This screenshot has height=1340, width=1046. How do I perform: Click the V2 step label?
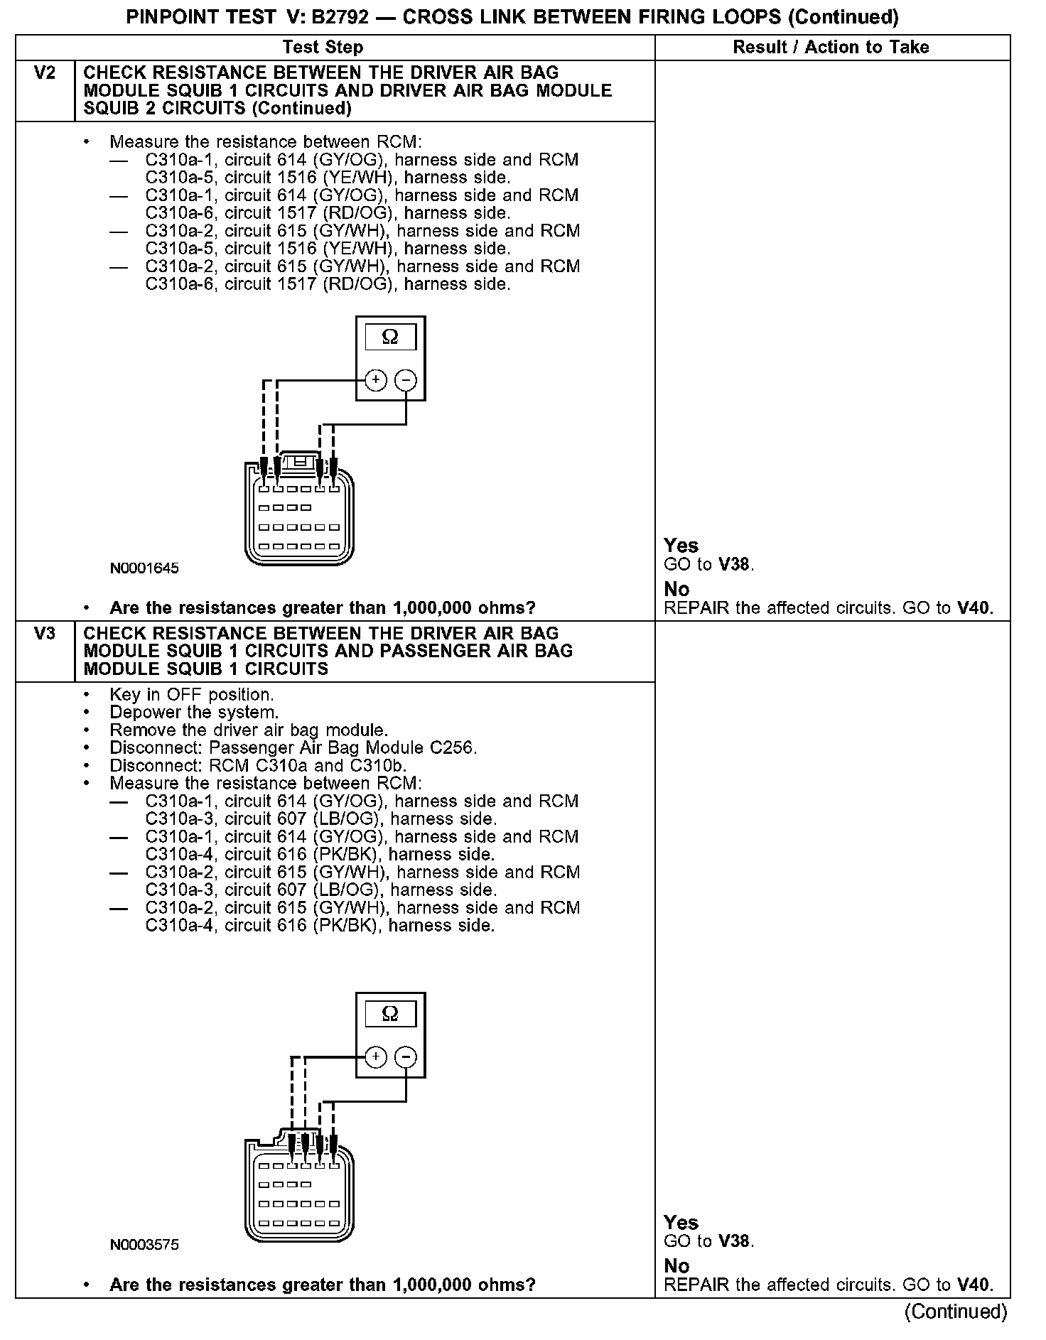point(44,73)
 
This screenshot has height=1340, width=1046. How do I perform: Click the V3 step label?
point(44,633)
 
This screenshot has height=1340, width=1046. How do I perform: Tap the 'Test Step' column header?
point(323,48)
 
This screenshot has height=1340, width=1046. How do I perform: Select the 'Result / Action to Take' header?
point(831,48)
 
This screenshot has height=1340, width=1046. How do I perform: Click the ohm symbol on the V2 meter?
point(390,337)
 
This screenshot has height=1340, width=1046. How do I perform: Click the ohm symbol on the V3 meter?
point(390,1013)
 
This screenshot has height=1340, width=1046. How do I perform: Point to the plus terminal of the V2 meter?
point(376,380)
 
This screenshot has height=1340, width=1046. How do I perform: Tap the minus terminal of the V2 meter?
point(406,380)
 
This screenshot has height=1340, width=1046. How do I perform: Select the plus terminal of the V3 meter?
point(376,1057)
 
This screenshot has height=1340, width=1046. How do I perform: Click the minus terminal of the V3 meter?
point(406,1057)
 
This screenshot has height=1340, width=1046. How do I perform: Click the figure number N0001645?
point(144,568)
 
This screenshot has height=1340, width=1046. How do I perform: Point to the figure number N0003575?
point(144,1245)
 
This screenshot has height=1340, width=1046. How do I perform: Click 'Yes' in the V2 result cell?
point(681,546)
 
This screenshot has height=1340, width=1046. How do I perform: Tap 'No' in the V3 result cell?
point(676,1266)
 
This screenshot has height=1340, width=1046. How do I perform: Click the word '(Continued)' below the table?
point(955,1312)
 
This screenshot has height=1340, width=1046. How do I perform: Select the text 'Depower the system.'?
point(194,713)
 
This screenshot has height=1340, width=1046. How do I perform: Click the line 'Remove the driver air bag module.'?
point(249,730)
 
